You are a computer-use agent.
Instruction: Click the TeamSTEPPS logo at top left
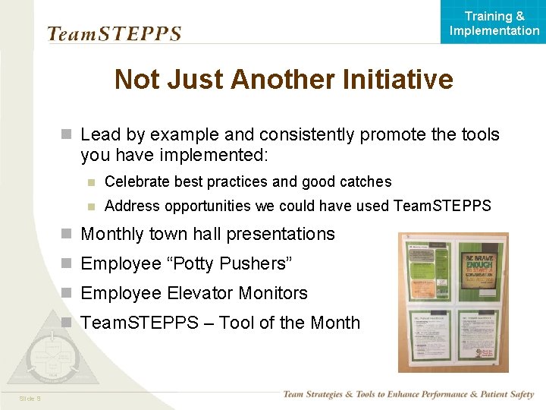point(115,33)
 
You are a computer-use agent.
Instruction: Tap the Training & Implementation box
point(494,23)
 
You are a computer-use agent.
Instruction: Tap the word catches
point(367,181)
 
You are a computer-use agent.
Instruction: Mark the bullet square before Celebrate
point(90,181)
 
